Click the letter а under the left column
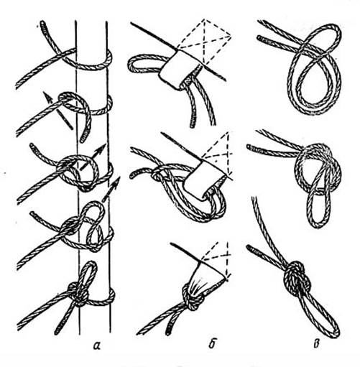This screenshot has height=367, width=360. coord(96,345)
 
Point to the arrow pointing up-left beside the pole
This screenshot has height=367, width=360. coord(57,111)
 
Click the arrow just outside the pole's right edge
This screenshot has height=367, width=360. coord(111,189)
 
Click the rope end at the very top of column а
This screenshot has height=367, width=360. coord(42,24)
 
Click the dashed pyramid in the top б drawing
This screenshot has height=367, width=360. coord(205,42)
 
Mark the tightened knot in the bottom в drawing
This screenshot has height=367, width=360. coord(297,277)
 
